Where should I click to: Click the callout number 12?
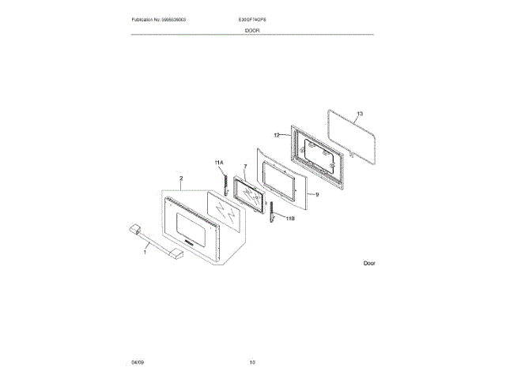(x=278, y=135)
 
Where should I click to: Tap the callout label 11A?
(x=219, y=162)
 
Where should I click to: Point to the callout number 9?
(x=316, y=193)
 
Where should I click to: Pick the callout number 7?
(x=245, y=167)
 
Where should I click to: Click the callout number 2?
(x=181, y=178)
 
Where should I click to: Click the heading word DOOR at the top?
(x=252, y=30)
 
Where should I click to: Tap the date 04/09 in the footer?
(x=138, y=362)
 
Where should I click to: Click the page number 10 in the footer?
(x=252, y=362)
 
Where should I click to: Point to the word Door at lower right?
(x=368, y=263)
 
